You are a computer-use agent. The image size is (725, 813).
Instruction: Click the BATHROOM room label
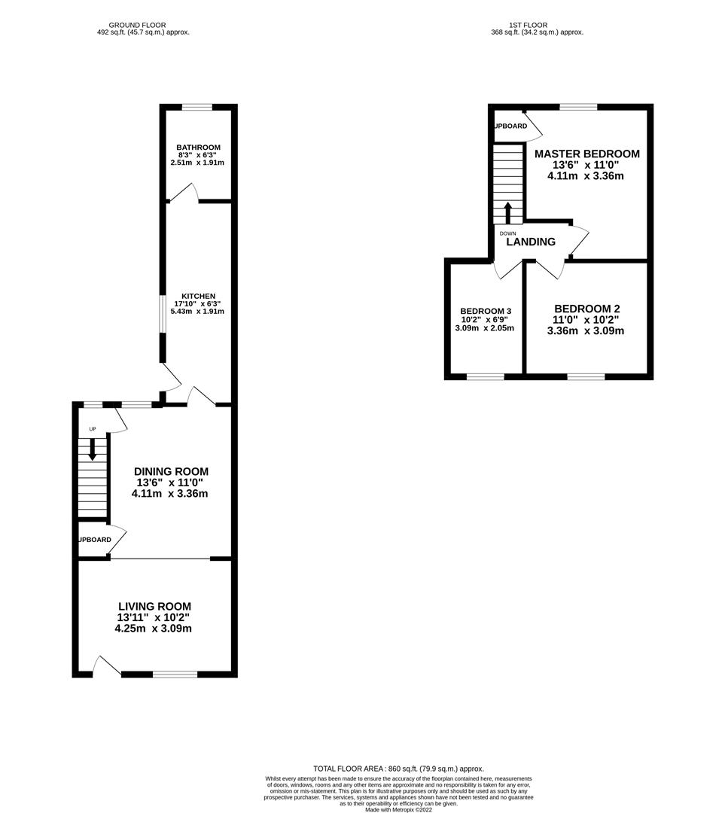pyautogui.click(x=198, y=148)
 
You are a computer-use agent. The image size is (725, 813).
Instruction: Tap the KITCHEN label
pyautogui.click(x=198, y=296)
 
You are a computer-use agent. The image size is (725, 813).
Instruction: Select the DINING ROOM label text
pyautogui.click(x=171, y=471)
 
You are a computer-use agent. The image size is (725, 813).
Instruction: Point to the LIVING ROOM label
pyautogui.click(x=154, y=606)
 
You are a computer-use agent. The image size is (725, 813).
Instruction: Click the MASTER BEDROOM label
pyautogui.click(x=587, y=154)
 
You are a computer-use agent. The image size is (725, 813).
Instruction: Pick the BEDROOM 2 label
pyautogui.click(x=587, y=309)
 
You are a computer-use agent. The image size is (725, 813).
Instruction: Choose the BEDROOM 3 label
pyautogui.click(x=486, y=311)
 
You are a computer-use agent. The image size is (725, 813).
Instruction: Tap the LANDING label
pyautogui.click(x=531, y=242)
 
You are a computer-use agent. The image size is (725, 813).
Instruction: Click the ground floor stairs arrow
pyautogui.click(x=93, y=449)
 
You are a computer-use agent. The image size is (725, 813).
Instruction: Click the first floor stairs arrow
pyautogui.click(x=507, y=212)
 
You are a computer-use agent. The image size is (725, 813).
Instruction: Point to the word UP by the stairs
pyautogui.click(x=93, y=429)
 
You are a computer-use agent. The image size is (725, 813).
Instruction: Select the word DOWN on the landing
pyautogui.click(x=507, y=233)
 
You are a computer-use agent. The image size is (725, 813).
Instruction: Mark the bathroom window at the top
pyautogui.click(x=197, y=108)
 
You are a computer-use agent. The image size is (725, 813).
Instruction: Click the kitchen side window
pyautogui.click(x=163, y=314)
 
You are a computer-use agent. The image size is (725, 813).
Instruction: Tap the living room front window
pyautogui.click(x=175, y=674)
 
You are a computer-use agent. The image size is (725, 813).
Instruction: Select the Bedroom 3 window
pyautogui.click(x=486, y=376)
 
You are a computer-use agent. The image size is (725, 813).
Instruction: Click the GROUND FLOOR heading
pyautogui.click(x=138, y=25)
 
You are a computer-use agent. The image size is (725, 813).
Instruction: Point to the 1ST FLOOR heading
pyautogui.click(x=528, y=25)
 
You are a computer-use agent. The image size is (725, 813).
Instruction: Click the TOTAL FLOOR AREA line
pyautogui.click(x=398, y=769)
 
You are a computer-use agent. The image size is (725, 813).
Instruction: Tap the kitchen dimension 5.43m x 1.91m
pyautogui.click(x=197, y=311)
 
